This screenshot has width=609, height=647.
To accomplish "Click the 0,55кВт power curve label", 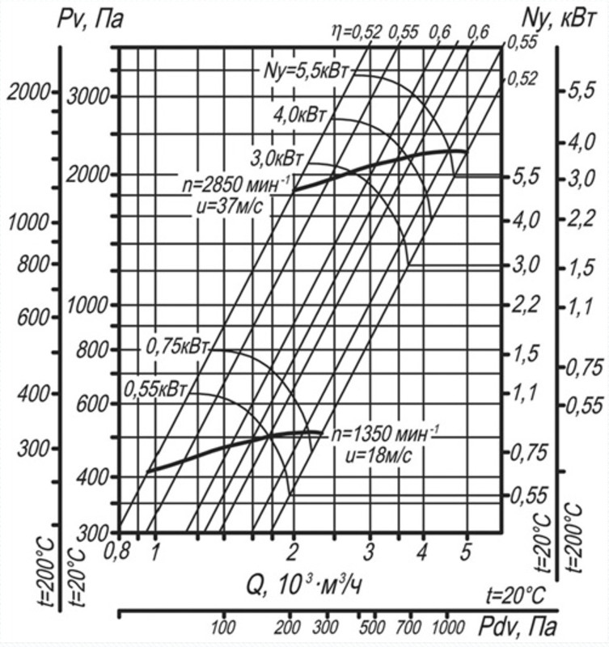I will (157, 389).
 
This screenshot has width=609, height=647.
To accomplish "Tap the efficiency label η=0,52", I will (356, 32).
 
